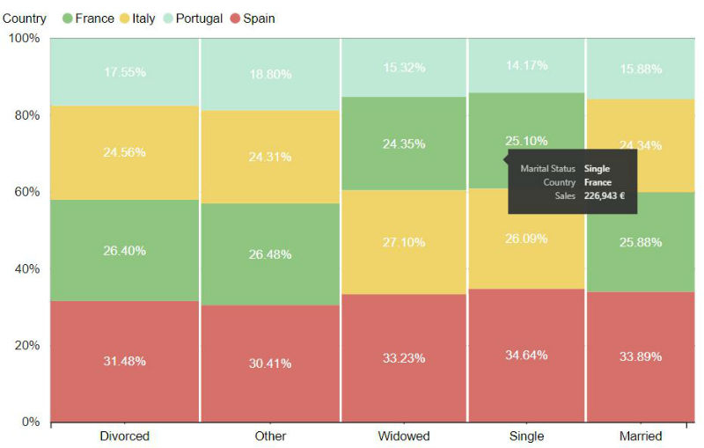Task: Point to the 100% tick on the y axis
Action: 24,38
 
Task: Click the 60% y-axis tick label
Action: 24,192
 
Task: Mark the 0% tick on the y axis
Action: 29,422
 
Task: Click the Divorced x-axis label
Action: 124,436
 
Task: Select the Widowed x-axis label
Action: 403,436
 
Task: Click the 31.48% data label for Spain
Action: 124,361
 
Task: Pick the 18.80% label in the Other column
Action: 269,75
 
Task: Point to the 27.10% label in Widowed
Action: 403,242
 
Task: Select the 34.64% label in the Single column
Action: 526,355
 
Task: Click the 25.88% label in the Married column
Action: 640,242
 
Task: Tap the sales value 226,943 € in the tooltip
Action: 604,196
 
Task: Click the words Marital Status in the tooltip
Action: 547,168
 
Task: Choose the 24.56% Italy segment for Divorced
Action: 124,152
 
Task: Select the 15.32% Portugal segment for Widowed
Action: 403,68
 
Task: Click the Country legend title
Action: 25,18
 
